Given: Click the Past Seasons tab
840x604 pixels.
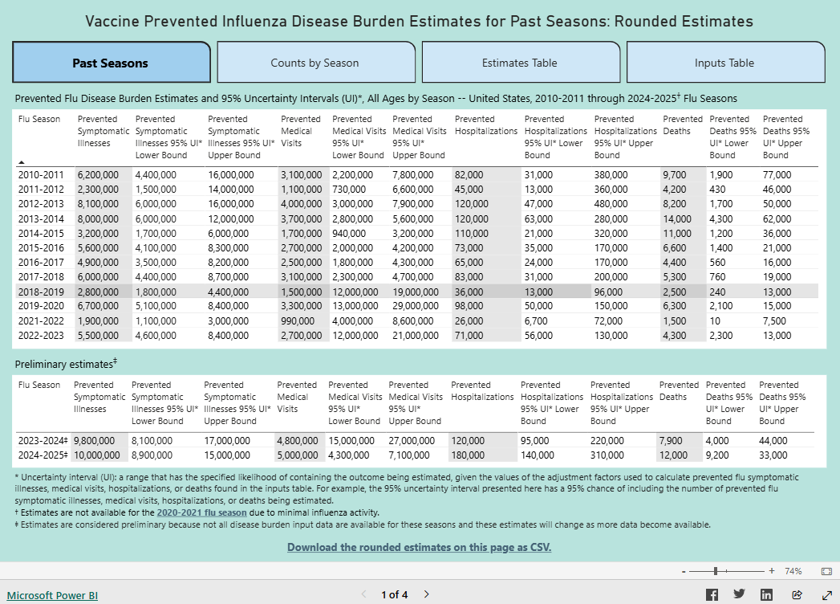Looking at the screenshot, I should [x=111, y=63].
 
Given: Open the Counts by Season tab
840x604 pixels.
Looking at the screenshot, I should [x=315, y=63].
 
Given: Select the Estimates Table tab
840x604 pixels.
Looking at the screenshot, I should [x=520, y=63].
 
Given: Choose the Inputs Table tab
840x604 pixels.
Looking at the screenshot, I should [x=724, y=63].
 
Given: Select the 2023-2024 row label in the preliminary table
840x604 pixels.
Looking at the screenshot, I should [x=42, y=441].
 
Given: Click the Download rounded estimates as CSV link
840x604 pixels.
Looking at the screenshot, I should [x=420, y=547].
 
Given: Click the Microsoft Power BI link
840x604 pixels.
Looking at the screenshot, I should [x=52, y=595].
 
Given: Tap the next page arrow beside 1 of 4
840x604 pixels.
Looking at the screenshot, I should [x=426, y=594].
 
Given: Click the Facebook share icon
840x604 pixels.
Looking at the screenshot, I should [x=711, y=594].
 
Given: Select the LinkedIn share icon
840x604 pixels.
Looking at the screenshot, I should [x=766, y=594].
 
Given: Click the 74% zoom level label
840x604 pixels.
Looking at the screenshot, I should [x=793, y=571].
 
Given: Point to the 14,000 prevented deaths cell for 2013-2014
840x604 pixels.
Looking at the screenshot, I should [x=676, y=218].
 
